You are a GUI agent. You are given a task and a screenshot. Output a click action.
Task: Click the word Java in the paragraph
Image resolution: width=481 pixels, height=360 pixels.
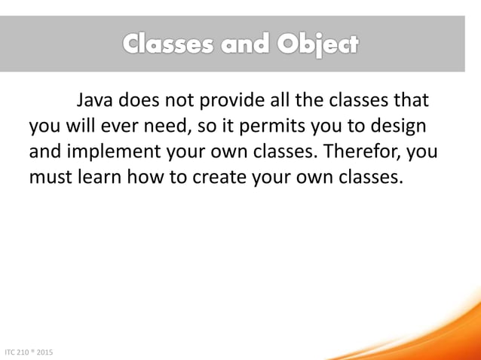pyautogui.click(x=93, y=100)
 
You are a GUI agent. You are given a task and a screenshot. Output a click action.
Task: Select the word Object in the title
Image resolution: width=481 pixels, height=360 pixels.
pyautogui.click(x=317, y=45)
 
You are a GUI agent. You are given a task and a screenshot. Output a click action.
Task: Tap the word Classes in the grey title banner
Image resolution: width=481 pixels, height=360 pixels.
pyautogui.click(x=170, y=45)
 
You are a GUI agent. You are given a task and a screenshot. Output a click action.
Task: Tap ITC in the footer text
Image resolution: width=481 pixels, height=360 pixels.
pyautogui.click(x=11, y=352)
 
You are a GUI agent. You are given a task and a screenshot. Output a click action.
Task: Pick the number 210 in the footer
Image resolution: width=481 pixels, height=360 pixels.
pyautogui.click(x=25, y=352)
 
